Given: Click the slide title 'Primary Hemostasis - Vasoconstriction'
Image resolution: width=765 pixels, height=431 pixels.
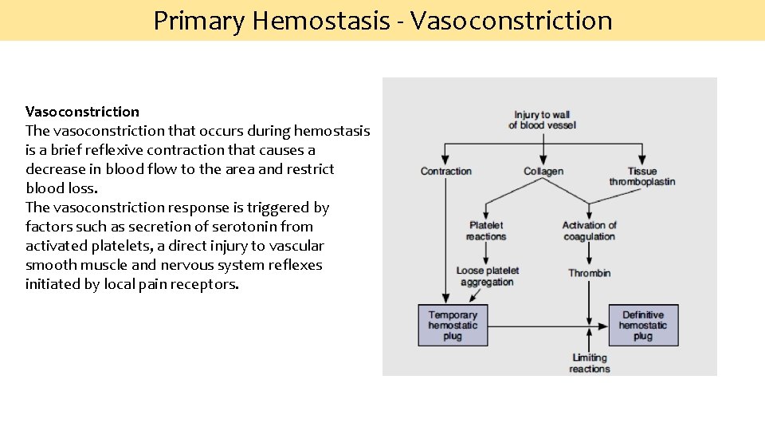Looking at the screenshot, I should [382, 20].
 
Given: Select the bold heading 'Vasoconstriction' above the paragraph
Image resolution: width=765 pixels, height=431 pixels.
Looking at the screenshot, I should [82, 112].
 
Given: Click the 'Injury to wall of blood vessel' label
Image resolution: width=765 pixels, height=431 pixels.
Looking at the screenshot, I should [543, 120].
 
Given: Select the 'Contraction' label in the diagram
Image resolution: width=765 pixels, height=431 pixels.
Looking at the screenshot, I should [445, 172].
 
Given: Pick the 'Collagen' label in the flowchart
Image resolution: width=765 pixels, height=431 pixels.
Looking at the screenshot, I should [543, 172].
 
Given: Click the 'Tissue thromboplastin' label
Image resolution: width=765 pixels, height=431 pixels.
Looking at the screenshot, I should [641, 176].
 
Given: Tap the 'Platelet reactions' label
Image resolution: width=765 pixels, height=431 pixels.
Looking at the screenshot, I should [486, 231].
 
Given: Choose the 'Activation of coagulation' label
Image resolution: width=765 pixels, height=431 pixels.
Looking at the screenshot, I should [589, 231].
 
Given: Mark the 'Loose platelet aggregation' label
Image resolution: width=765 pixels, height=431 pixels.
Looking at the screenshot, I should [487, 276].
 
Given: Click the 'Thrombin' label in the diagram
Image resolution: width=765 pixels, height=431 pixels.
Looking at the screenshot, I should [589, 273].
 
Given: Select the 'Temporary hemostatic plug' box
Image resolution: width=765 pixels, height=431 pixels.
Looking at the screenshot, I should [453, 326].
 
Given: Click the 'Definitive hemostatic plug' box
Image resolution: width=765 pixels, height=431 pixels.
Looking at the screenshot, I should [642, 326].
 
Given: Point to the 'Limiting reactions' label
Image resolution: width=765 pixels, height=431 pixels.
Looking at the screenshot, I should [589, 363].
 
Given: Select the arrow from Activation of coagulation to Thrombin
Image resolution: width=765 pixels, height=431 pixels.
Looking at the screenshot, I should [589, 253].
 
